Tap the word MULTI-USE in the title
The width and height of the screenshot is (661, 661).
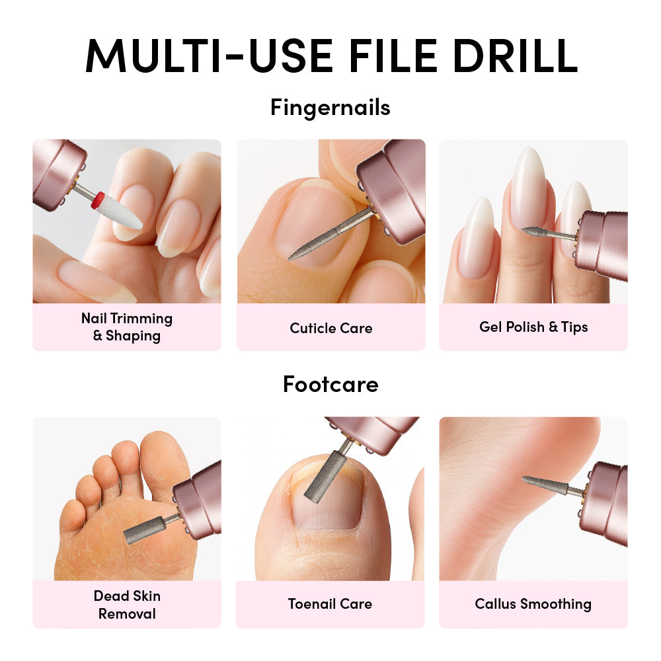coord(209,56)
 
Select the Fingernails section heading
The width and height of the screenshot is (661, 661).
coord(330,108)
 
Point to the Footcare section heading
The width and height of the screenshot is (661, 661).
coord(330,385)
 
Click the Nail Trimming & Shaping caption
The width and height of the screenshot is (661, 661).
coord(127,327)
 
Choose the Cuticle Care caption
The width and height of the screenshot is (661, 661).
coord(331,328)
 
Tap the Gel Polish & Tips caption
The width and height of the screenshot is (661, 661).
coord(533,327)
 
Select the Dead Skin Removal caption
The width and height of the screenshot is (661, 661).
coord(127,605)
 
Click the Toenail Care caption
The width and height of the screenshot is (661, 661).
coord(330,604)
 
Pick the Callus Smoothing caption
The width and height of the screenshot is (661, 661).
coord(533,604)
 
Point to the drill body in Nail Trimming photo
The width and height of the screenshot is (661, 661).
coord(59,173)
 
